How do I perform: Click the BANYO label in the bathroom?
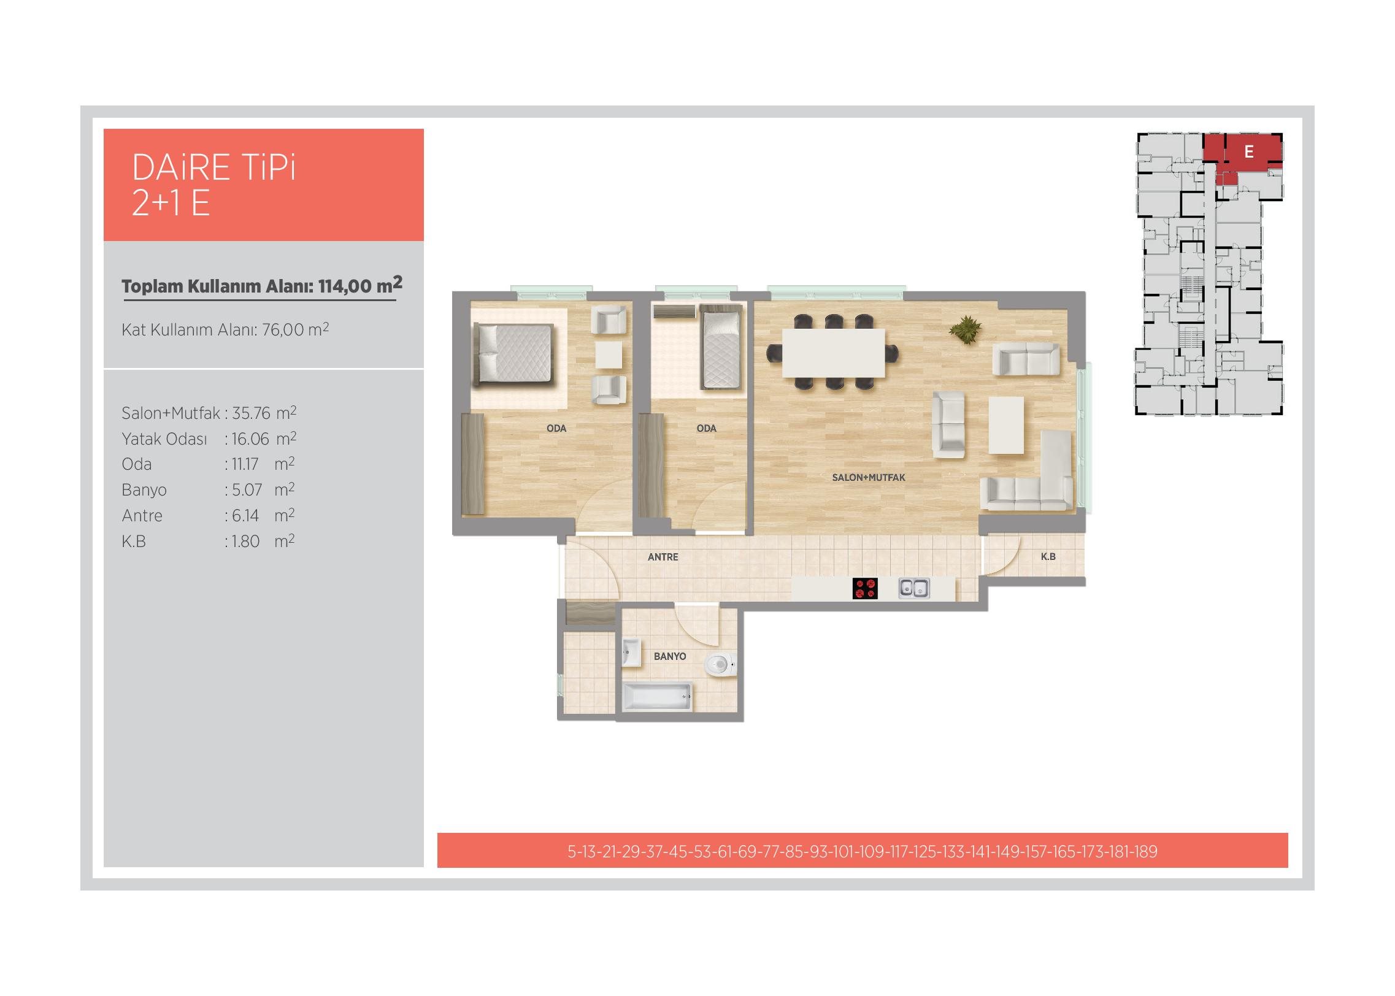670,656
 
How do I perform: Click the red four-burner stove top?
865,588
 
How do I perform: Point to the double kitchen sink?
914,588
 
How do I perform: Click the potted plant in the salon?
965,331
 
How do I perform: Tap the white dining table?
833,353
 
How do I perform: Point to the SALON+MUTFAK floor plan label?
869,477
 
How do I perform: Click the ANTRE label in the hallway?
663,557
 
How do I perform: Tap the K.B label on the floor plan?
1048,556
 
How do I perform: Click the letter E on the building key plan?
1249,151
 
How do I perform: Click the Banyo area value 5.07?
247,490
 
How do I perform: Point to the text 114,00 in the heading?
345,286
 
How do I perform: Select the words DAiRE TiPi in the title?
214,167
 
